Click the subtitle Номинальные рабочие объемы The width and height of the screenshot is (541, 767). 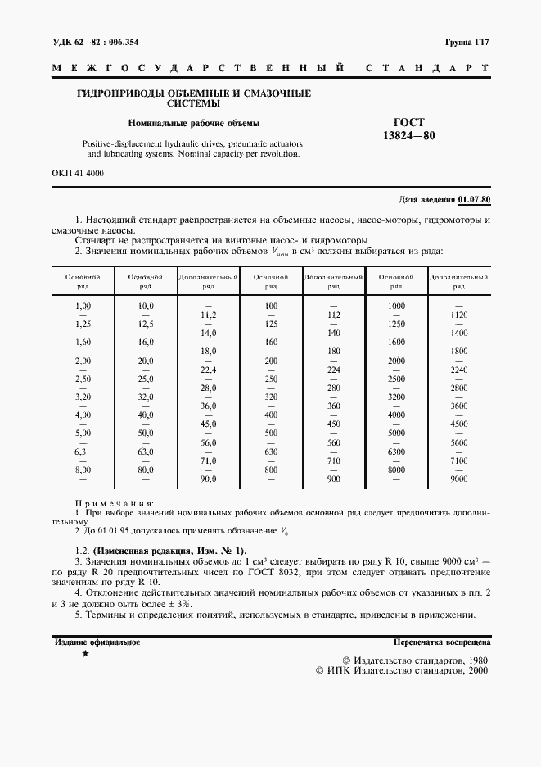coord(192,124)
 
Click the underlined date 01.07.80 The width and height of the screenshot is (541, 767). coord(475,200)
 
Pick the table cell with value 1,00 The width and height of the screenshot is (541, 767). coord(83,306)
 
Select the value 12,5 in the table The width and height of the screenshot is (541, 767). coord(145,324)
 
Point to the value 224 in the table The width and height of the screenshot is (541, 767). coord(333,370)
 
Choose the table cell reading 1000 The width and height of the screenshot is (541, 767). coord(396,306)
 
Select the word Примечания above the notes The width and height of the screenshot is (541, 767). coord(114,504)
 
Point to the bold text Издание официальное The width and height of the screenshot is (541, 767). coord(97,642)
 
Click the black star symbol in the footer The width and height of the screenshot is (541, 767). coord(85,655)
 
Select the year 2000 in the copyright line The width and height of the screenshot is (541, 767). coord(474,669)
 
